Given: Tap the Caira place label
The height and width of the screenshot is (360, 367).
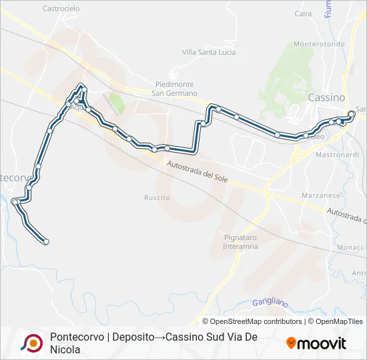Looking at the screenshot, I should coord(303,13).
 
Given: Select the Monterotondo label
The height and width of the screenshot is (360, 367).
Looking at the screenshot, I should coord(319,44).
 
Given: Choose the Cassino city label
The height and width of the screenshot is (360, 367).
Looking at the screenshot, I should coord(326,97).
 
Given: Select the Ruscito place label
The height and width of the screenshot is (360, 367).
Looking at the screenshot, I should coord(157,197).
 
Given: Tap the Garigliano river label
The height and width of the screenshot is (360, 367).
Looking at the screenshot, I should coord(270,303).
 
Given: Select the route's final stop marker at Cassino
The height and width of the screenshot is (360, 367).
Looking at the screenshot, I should coord(352,113).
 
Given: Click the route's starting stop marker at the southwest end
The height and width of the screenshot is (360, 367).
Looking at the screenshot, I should coord(46,241).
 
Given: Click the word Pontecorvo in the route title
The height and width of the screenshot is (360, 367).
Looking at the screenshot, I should coord(74,337).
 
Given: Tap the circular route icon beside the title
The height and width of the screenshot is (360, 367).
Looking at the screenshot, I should coord(31,343).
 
